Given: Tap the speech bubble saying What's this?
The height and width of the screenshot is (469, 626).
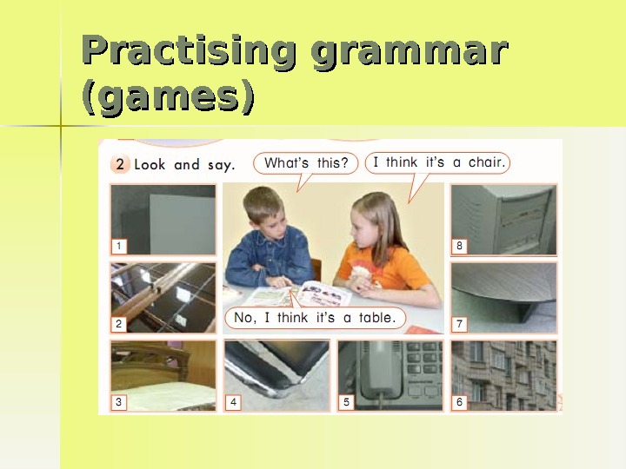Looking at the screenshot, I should pyautogui.click(x=305, y=163).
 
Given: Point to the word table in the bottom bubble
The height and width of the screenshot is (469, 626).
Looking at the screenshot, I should pyautogui.click(x=376, y=318).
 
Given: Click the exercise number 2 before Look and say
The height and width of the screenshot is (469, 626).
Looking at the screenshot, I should pyautogui.click(x=122, y=164).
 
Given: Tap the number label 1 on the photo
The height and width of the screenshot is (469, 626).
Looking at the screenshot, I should pyautogui.click(x=119, y=247).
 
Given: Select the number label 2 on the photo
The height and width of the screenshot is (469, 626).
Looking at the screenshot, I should pyautogui.click(x=119, y=324).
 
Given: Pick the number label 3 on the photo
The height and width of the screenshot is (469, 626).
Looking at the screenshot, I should pyautogui.click(x=119, y=402).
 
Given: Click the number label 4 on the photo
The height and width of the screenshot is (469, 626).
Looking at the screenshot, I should pyautogui.click(x=233, y=402).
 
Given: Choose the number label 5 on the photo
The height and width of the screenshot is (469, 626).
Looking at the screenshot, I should pyautogui.click(x=346, y=402).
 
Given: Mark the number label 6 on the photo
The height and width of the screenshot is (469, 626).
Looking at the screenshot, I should pyautogui.click(x=459, y=402).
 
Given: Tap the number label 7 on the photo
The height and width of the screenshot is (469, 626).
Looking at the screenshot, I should pyautogui.click(x=459, y=324).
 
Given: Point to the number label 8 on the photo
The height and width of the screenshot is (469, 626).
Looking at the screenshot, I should pyautogui.click(x=459, y=247).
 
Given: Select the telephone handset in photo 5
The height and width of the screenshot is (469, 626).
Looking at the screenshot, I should pyautogui.click(x=380, y=369).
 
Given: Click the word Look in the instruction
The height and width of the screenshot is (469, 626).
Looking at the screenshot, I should pyautogui.click(x=150, y=164).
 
